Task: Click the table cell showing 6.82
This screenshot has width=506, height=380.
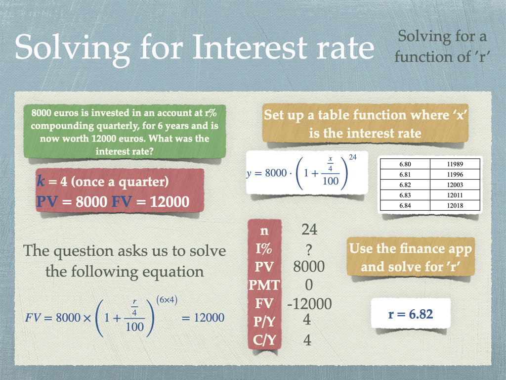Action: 405,185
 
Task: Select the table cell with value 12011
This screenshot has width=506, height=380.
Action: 455,195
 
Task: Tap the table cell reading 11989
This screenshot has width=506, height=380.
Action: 455,164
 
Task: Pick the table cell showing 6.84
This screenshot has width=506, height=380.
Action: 405,205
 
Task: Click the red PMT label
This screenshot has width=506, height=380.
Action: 264,285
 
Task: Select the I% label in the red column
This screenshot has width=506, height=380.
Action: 264,249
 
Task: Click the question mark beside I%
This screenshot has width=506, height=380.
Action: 309,249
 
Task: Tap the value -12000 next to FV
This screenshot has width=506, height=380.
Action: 309,304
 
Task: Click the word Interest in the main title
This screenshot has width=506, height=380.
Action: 251,47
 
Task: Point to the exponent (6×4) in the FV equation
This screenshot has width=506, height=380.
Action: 167,300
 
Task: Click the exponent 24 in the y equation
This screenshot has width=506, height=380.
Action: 353,157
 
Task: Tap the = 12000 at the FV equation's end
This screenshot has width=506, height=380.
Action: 203,318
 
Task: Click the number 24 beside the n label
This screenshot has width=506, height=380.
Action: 309,230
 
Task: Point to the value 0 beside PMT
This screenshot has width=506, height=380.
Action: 309,285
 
